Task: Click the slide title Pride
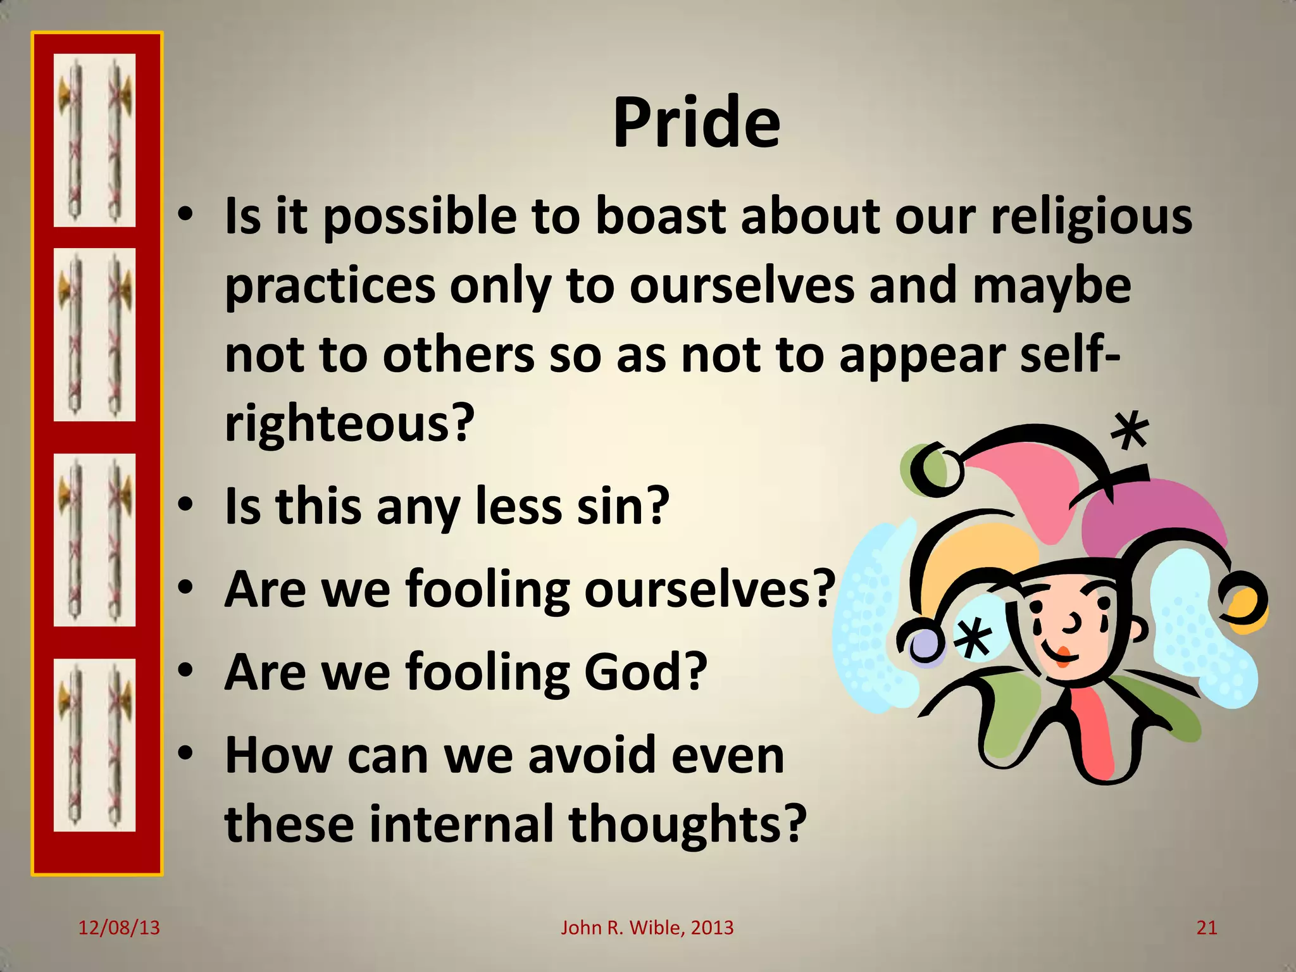click(696, 123)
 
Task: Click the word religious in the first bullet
click(1091, 217)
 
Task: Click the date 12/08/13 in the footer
click(119, 928)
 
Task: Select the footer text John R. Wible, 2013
click(647, 928)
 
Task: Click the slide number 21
click(1207, 928)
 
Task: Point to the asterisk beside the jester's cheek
click(973, 638)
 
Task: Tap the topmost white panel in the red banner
click(94, 140)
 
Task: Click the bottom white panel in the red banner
click(94, 745)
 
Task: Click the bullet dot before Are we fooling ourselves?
click(185, 589)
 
